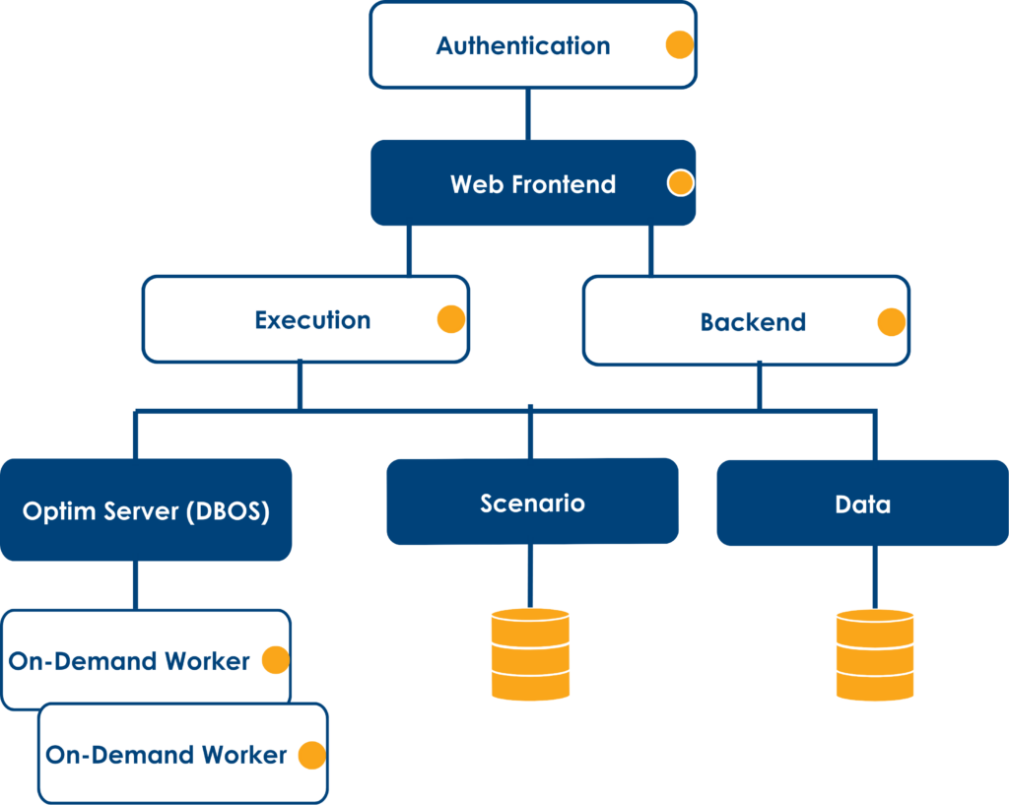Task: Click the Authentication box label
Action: click(x=523, y=45)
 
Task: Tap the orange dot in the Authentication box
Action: click(x=680, y=45)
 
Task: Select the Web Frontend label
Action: click(x=533, y=184)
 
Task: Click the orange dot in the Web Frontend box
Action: click(x=680, y=182)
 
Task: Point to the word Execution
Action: click(x=312, y=320)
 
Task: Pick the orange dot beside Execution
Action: click(x=451, y=319)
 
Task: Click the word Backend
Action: click(x=753, y=322)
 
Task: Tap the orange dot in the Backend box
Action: click(x=892, y=322)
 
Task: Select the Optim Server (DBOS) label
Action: click(x=146, y=511)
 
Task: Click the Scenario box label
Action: click(x=532, y=503)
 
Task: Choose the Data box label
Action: click(x=863, y=504)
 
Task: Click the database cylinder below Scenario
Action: click(x=530, y=654)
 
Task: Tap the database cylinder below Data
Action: click(x=875, y=654)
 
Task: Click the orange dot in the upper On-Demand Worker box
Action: click(x=276, y=659)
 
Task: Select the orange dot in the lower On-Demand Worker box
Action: click(x=312, y=755)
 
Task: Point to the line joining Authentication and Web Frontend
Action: click(x=528, y=114)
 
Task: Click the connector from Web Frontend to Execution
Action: click(x=409, y=251)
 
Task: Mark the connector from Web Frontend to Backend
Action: click(x=651, y=251)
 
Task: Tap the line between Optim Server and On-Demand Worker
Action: click(x=135, y=585)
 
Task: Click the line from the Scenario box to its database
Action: click(x=530, y=576)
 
